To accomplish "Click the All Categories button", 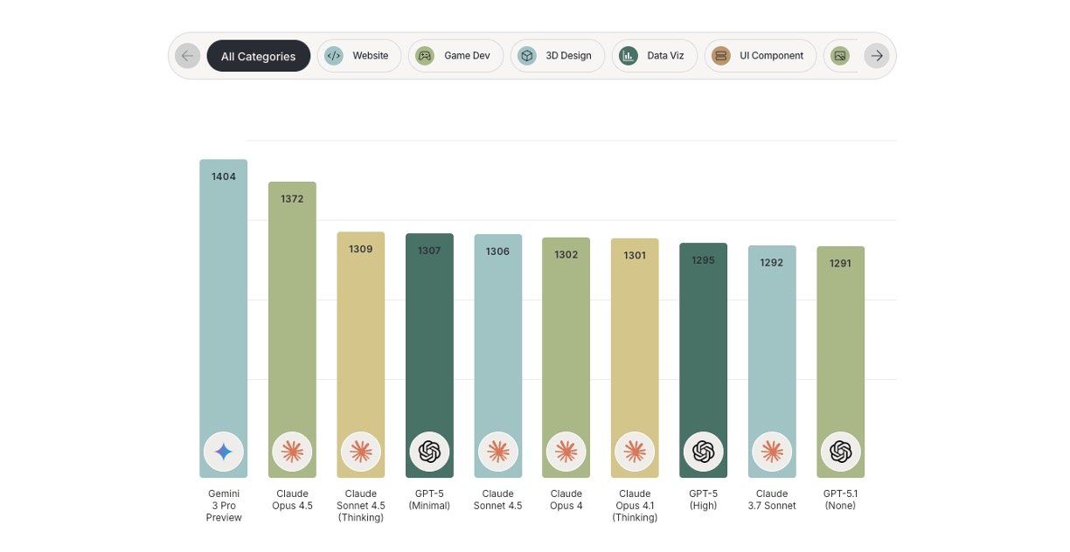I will coord(258,56).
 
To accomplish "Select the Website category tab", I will coord(358,56).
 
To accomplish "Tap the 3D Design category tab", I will coord(557,56).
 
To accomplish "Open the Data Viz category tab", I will coord(653,56).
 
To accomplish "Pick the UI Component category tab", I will coord(760,56).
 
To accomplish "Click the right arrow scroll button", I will coord(877,56).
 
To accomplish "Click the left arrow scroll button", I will coord(187,56).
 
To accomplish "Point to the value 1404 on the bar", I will coord(224,176).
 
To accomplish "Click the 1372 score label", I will coord(292,199).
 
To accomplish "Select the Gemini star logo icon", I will coord(224,452).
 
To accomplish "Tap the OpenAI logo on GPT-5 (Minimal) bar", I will coord(429,452).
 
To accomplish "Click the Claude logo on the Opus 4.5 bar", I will coord(292,452).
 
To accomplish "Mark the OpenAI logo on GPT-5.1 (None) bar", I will coord(841,452).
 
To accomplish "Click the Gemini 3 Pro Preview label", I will coord(224,506).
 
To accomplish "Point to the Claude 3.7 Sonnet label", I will coord(772,500).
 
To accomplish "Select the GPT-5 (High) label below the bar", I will coord(703,500).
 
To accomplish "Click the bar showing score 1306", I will coord(498,349).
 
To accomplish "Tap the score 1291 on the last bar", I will coord(841,263).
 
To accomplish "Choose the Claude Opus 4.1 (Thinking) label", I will coord(635,506).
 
